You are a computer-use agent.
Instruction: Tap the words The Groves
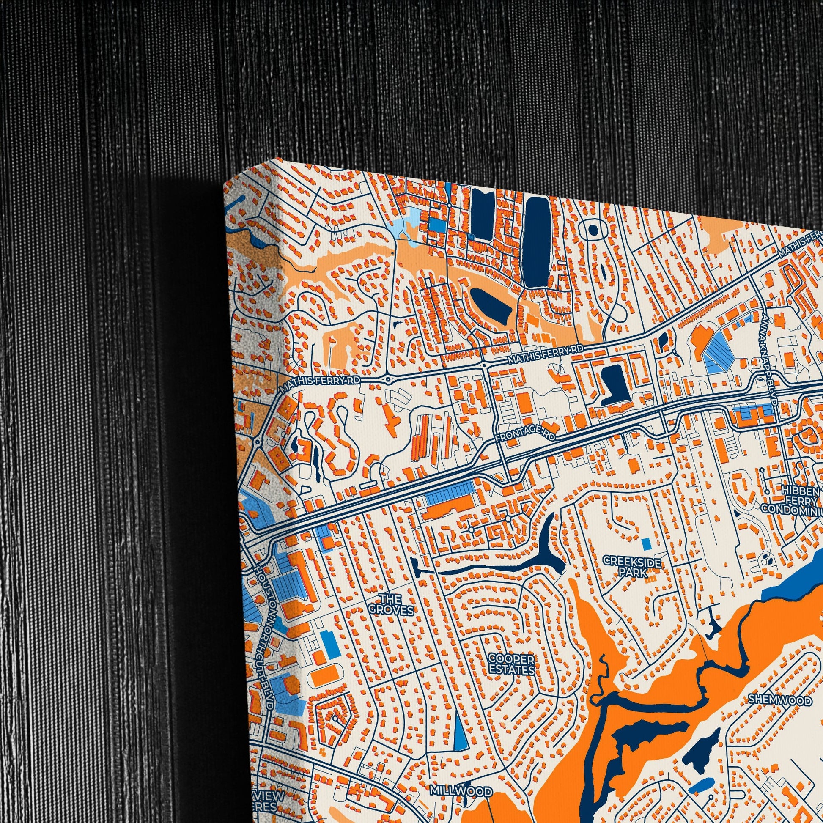coord(391,605)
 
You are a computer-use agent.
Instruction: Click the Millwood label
coord(461,779)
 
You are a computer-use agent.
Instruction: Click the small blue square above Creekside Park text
coord(646,543)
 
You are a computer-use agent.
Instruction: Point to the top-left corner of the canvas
coord(225,184)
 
